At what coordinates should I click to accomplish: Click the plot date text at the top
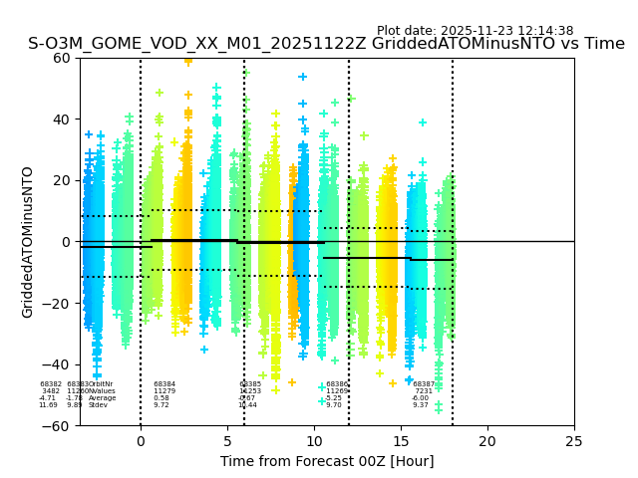475,31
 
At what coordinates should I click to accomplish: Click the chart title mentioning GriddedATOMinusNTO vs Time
326,44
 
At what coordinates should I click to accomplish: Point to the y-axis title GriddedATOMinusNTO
28,242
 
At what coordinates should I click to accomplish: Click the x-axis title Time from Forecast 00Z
327,461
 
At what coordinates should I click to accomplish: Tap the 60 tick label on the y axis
62,58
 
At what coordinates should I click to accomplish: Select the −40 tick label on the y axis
58,364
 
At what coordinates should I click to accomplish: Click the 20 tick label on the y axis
62,180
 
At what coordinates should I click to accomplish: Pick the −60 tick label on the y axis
58,426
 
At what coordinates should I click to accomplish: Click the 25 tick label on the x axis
574,440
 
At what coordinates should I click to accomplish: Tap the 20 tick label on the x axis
487,440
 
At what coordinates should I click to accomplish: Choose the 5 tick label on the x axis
227,440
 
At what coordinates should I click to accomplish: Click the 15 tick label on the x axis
401,440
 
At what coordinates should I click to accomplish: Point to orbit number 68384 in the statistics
164,384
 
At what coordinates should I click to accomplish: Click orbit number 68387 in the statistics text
424,384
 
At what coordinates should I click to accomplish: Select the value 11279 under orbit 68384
164,391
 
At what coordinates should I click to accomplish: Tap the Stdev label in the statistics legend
98,405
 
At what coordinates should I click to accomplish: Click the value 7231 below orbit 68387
424,391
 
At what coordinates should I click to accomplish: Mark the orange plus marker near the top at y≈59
188,61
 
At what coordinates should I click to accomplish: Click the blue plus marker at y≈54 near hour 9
303,77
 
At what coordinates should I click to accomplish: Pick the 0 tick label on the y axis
66,242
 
